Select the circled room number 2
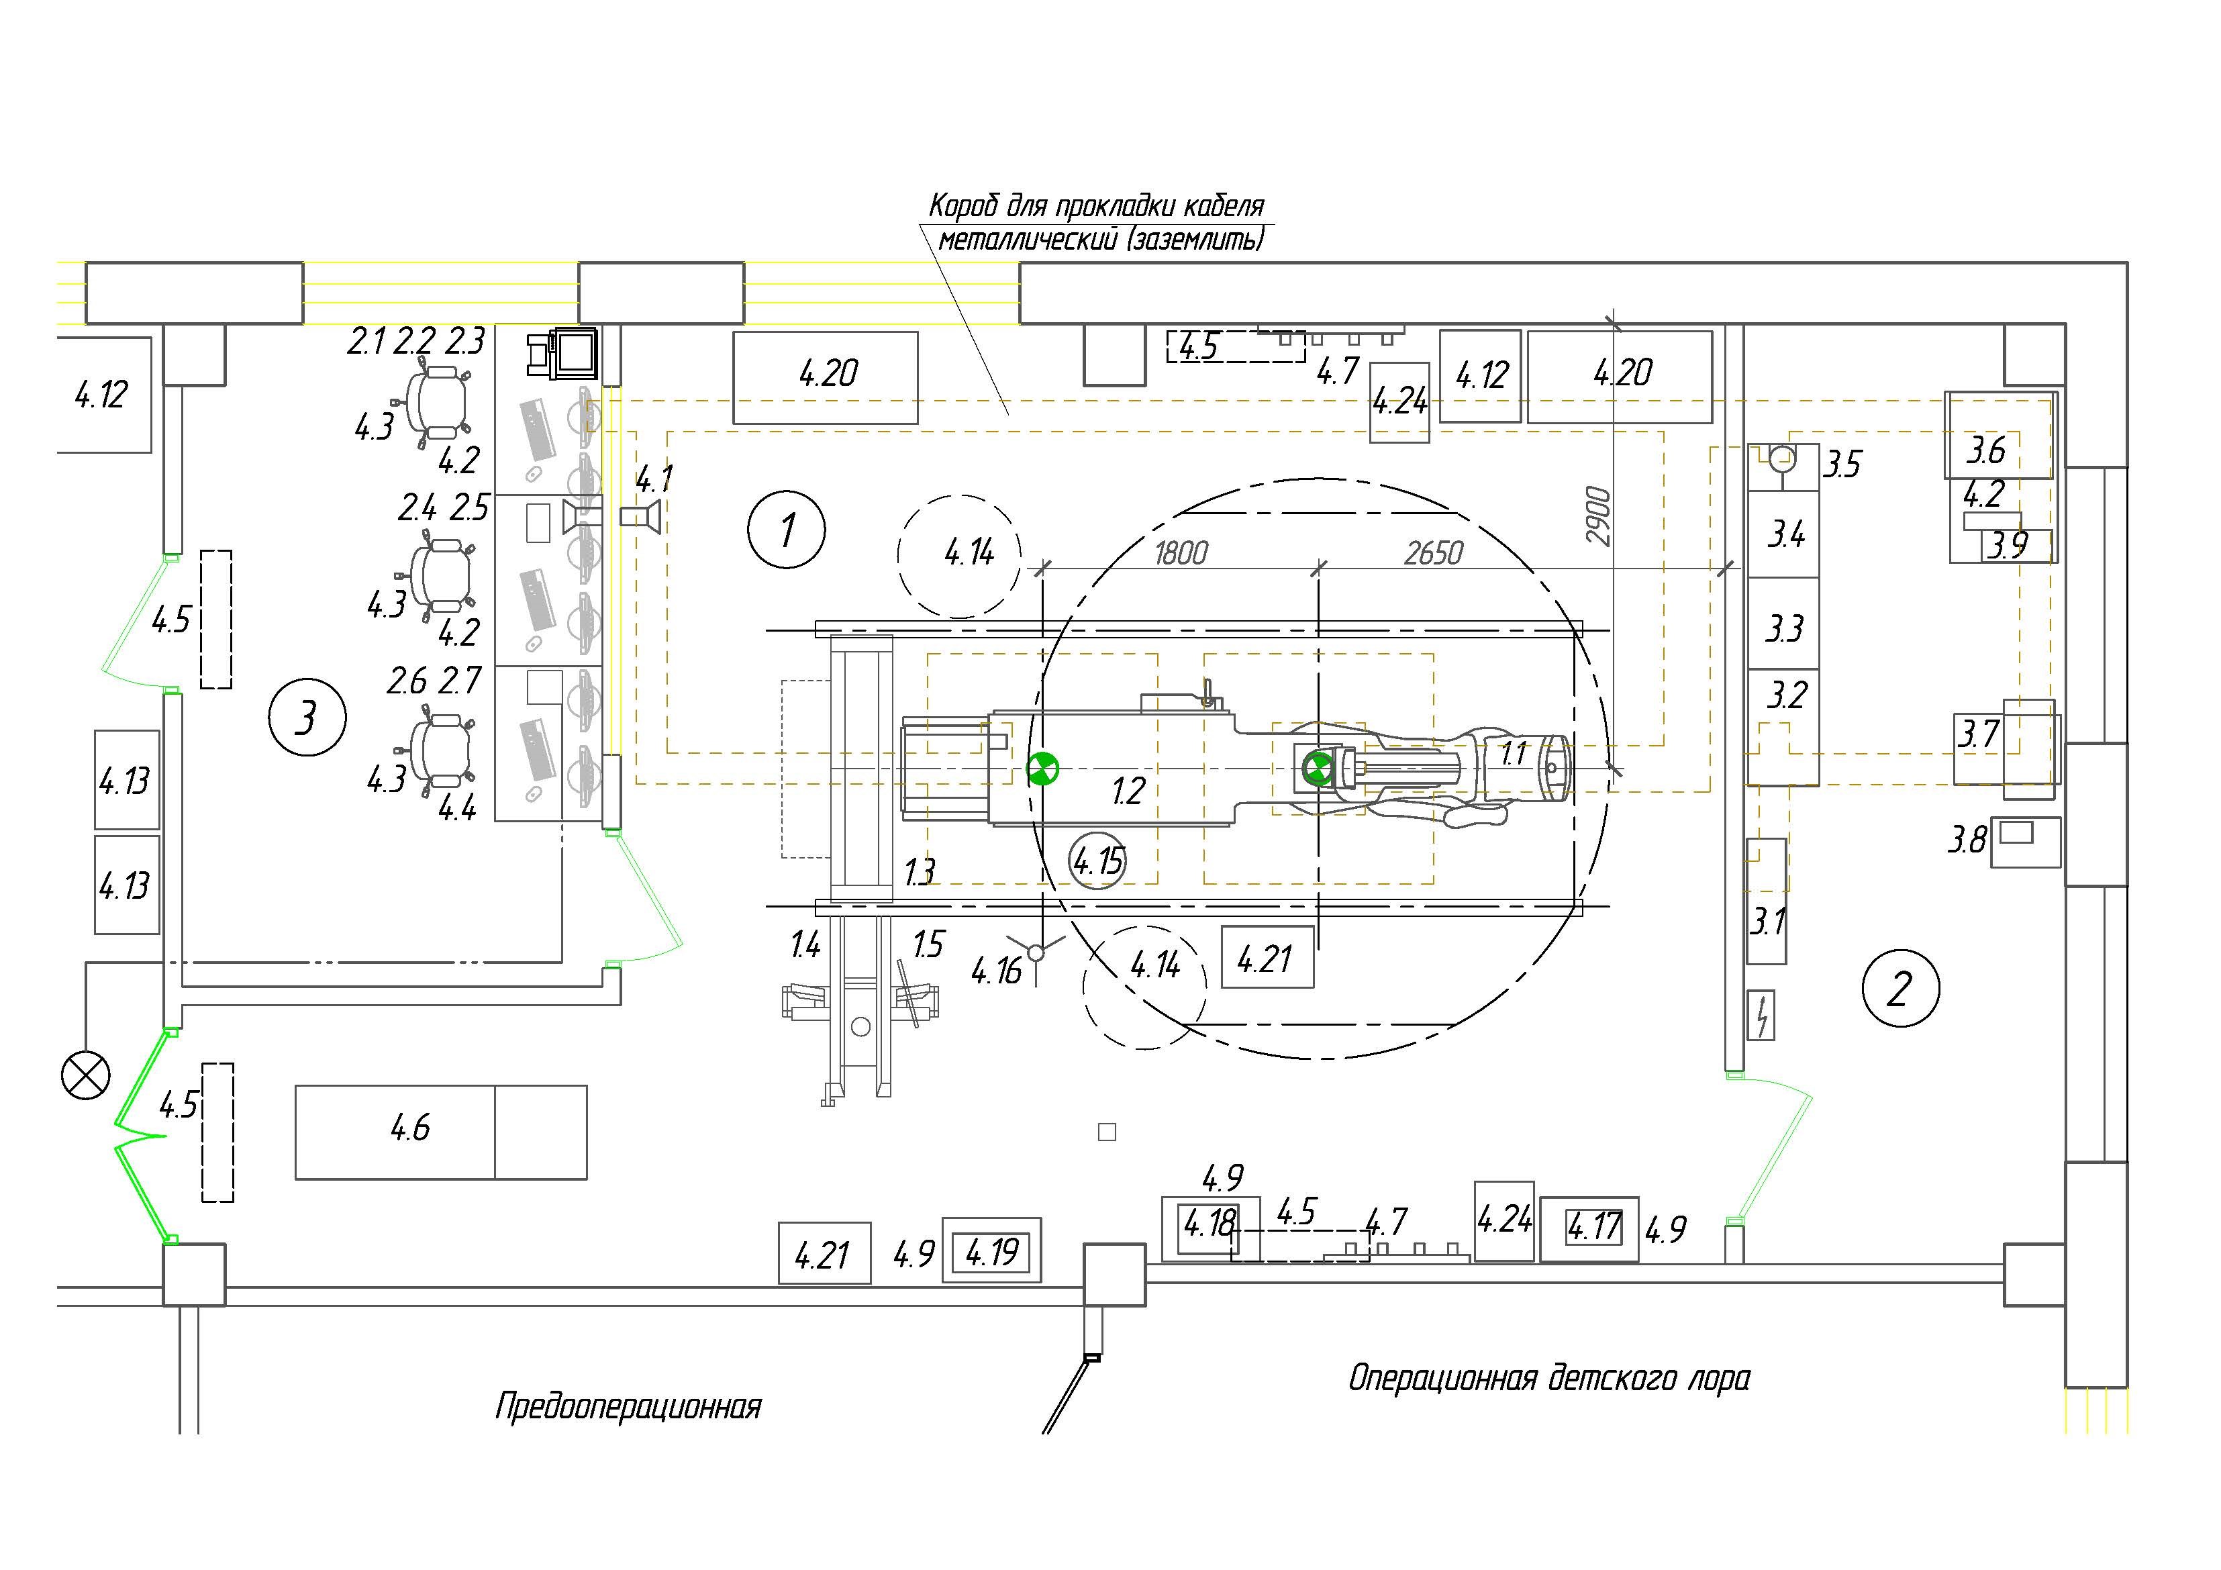(1900, 987)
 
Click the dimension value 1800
(1181, 553)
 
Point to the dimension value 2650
(1434, 553)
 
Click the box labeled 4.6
(441, 1131)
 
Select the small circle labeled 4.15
(1099, 860)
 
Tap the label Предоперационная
(629, 1406)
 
